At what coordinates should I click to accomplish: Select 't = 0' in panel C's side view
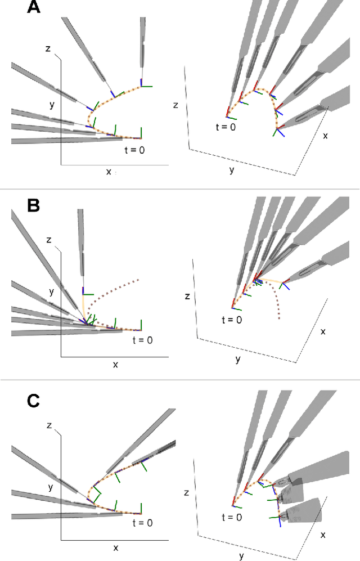[138, 523]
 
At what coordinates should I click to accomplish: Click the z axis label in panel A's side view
[48, 49]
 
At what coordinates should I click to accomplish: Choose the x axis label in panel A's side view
[109, 171]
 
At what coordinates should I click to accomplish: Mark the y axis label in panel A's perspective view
[231, 169]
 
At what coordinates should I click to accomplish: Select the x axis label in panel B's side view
[115, 364]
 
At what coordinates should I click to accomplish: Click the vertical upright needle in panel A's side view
[142, 45]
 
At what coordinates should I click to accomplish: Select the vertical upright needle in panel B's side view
[81, 242]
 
